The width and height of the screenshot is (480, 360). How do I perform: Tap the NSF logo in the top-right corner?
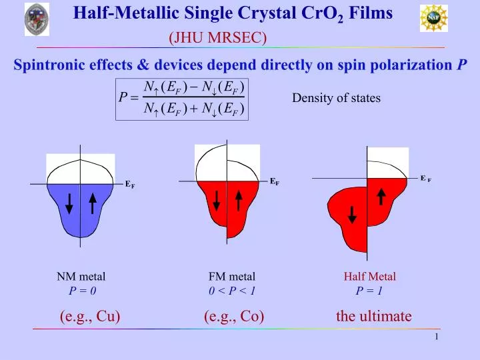433,18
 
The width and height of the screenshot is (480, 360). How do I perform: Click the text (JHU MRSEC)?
218,39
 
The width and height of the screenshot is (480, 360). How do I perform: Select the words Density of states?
336,98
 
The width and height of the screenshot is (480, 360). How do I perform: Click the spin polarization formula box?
182,99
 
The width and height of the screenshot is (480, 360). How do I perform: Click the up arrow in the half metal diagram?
381,196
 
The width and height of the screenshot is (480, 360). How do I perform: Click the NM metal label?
81,276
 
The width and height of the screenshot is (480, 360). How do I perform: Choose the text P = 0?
83,291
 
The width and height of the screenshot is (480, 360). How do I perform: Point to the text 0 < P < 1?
232,291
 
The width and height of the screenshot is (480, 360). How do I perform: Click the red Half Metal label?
369,276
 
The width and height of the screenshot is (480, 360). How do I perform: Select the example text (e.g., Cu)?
90,316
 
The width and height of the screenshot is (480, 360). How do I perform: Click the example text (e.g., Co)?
234,316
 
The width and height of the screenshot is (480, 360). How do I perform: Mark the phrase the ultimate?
374,316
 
